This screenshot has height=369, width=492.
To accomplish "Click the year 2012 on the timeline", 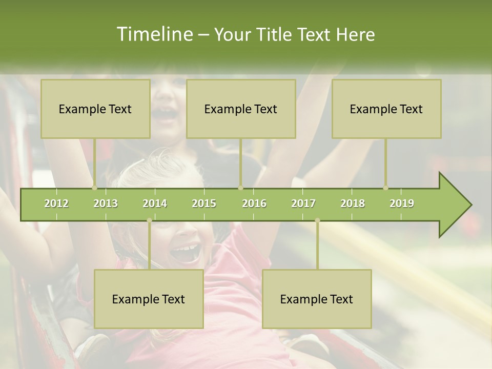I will coord(56,203).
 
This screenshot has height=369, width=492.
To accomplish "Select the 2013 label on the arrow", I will coord(106,203).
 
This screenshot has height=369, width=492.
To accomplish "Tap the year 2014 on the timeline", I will coord(155,203).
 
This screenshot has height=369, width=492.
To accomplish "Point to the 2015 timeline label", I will coord(204,203).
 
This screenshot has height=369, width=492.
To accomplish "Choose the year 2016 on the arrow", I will coord(254,203).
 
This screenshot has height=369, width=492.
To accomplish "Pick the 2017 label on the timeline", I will coord(303,203).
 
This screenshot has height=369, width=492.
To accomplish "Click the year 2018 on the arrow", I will coord(353,203).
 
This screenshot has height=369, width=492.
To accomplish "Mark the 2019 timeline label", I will coord(402,203).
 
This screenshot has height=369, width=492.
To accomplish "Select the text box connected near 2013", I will coord(95,109).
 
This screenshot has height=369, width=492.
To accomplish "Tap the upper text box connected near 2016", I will coord(241,109).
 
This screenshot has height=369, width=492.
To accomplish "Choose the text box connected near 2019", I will coord(386,109).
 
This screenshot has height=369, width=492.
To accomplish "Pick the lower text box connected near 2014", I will coord(149,299).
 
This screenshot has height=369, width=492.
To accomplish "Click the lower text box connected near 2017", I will coord(317,299).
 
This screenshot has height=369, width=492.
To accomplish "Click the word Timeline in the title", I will coord(154,34).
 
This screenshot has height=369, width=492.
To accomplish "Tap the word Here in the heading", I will coord(355,34).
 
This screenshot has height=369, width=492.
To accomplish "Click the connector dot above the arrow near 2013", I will coord(94,188).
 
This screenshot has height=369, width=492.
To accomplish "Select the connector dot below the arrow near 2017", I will coord(317,220).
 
